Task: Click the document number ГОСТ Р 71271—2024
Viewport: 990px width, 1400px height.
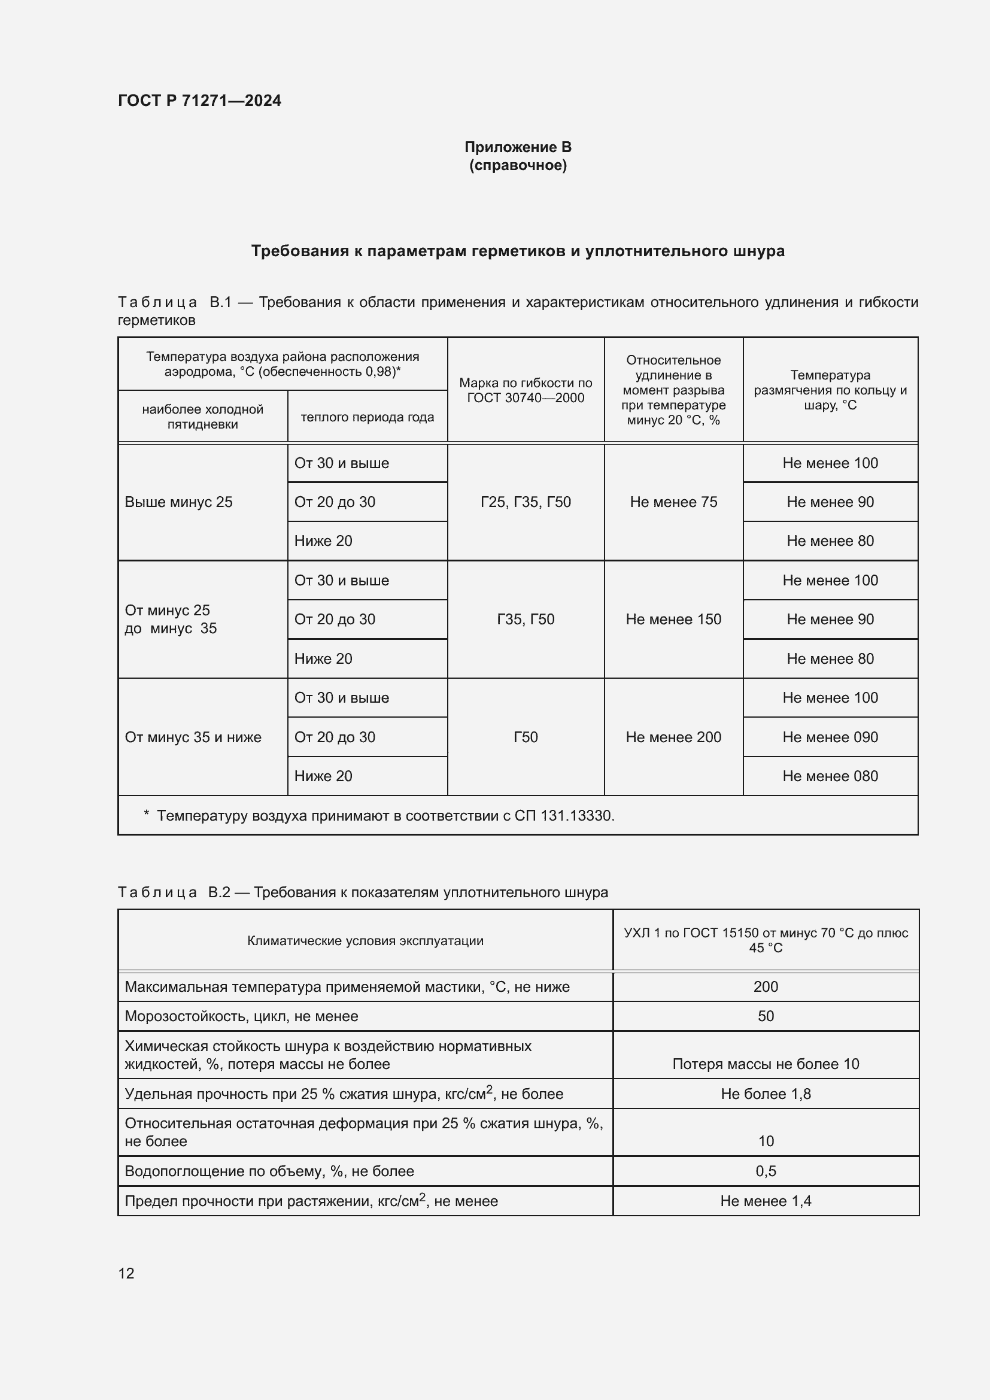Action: [199, 101]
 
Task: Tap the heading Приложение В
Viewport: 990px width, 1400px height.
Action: [518, 147]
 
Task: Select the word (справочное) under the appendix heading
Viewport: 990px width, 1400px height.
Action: [518, 165]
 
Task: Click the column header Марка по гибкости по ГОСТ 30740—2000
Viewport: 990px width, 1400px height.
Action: [526, 390]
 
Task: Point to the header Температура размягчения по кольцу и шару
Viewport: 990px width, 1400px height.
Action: [830, 390]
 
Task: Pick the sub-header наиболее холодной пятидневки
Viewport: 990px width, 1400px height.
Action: [202, 417]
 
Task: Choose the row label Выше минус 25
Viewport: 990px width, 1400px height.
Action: [178, 502]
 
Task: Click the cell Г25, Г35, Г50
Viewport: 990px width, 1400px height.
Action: [526, 502]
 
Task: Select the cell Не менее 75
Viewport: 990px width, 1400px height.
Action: [673, 502]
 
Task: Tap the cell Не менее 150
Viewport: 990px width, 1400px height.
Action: [673, 619]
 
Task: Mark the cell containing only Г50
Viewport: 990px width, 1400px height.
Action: [526, 737]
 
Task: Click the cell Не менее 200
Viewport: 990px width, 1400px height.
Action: [673, 737]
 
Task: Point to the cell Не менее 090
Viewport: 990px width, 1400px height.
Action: [830, 737]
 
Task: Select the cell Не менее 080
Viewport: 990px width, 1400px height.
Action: [830, 776]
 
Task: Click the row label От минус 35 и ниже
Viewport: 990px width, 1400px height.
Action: [193, 737]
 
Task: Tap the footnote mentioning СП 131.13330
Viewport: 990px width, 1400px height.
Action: [385, 816]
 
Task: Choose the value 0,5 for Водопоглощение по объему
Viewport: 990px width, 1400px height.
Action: [766, 1171]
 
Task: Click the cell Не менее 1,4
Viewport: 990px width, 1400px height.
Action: [766, 1201]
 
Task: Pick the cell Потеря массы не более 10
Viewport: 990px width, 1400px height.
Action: [766, 1064]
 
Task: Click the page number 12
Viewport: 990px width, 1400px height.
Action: [126, 1273]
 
